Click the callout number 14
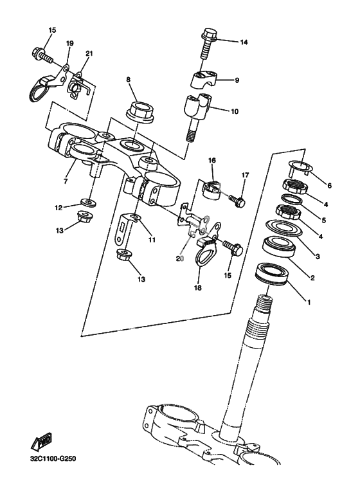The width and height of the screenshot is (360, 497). [244, 42]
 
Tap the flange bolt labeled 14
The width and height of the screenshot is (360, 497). [207, 43]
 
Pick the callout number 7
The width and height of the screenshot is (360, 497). [66, 181]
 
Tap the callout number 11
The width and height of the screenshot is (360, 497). [152, 240]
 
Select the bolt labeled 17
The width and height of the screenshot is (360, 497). [235, 200]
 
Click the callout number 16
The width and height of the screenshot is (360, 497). [212, 160]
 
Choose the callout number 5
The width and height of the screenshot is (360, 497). [323, 220]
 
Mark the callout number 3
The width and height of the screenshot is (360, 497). [318, 257]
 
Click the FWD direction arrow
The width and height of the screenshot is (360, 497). [42, 441]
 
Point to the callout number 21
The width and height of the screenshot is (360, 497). [89, 53]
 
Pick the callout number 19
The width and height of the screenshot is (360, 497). [69, 43]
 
